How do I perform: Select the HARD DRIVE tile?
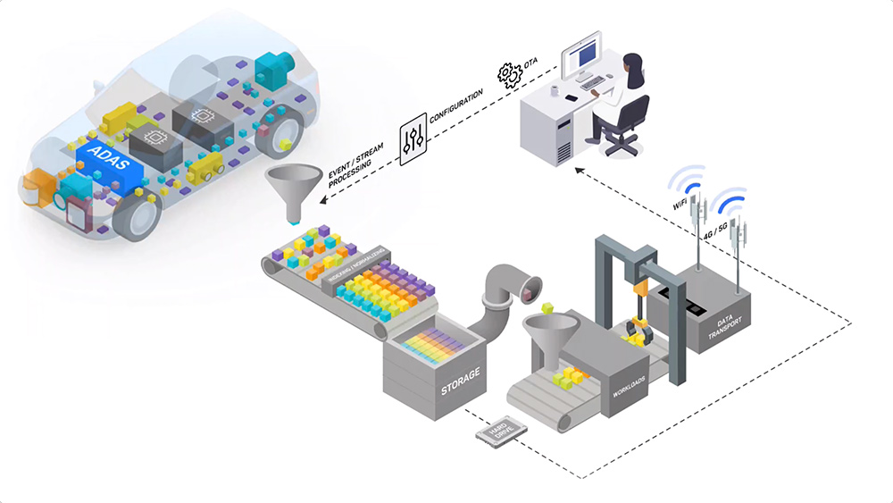click(x=500, y=432)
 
